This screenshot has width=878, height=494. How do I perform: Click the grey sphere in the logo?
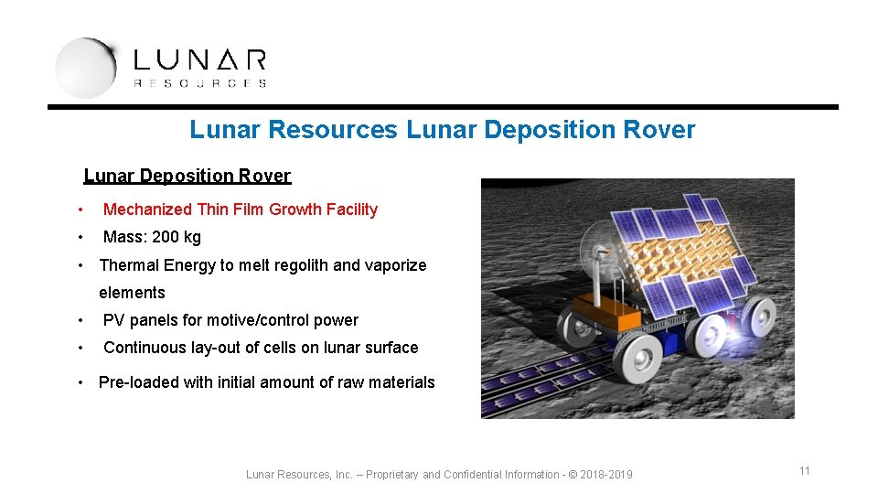coord(85,68)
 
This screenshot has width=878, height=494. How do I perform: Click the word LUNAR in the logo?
coord(199,61)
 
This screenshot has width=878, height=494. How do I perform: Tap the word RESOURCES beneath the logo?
coord(199,83)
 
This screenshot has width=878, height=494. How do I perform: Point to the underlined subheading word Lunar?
coord(110,176)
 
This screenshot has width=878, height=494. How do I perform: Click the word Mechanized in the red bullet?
coord(147,209)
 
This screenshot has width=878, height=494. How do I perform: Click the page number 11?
coord(805,471)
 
